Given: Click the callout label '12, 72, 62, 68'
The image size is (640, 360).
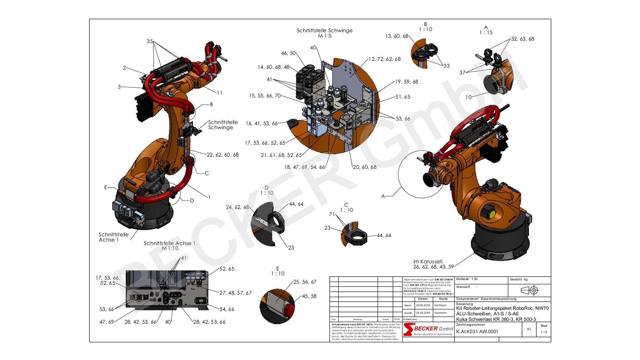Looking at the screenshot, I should [384, 59].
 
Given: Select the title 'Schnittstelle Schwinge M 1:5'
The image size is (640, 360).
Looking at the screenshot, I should [324, 33].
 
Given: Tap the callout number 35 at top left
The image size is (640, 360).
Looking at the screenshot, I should [150, 41].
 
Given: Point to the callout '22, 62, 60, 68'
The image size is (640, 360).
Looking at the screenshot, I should [222, 155].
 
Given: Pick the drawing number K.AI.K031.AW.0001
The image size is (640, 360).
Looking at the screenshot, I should [477, 332].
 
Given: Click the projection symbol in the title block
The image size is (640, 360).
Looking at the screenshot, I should [530, 290].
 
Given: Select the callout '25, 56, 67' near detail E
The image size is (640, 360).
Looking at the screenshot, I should [305, 282].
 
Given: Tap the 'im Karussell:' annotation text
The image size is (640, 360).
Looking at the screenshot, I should [428, 262].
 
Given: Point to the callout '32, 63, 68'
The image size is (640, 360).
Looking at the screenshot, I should [522, 39].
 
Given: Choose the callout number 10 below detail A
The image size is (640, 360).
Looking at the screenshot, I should [468, 97].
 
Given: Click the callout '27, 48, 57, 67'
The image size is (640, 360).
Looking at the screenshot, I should [235, 293].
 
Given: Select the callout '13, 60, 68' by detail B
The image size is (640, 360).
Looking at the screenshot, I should [397, 36].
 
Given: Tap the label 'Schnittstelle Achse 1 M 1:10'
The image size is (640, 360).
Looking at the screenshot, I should [170, 246].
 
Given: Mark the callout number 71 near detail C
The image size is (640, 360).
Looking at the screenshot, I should [332, 214].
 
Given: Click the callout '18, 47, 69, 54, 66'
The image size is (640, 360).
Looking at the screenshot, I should [304, 167].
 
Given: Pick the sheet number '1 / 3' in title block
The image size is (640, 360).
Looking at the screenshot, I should [544, 332].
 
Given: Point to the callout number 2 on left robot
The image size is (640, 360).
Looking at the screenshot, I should [124, 68].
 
